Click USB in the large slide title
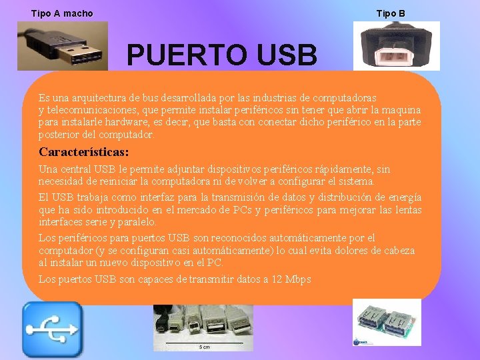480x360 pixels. (x=284, y=56)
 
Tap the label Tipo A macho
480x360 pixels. (x=62, y=13)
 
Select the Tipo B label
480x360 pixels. (x=391, y=13)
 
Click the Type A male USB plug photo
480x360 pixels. (x=62, y=45)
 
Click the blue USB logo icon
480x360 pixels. (x=52, y=329)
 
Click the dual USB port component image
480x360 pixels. (x=387, y=322)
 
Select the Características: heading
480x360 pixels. (x=83, y=152)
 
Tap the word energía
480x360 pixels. (x=405, y=197)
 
